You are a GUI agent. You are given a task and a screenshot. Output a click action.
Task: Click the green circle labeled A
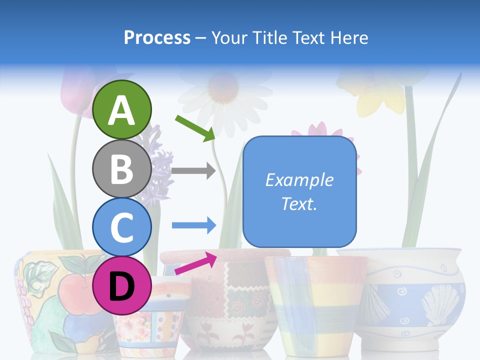pos(122,109)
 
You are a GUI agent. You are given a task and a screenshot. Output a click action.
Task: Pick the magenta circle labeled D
pos(122,285)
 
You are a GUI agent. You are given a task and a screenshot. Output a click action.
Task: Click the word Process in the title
pos(157,37)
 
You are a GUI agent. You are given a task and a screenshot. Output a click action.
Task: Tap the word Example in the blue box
pos(299,180)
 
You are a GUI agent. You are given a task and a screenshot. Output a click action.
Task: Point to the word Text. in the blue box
pos(299,203)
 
